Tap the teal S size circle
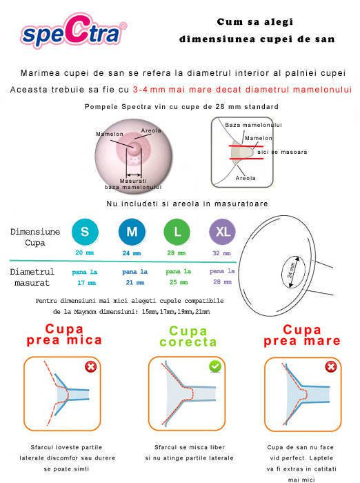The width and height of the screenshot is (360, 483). tap(85, 233)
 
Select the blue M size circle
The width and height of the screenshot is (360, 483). tap(130, 233)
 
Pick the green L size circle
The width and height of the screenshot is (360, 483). tap(177, 233)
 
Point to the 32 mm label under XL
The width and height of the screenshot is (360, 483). tap(221, 253)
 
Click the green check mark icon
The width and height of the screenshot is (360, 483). tap(214, 366)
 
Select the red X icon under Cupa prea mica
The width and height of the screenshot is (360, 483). tap(90, 366)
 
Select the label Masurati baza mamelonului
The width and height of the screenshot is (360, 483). tap(133, 184)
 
